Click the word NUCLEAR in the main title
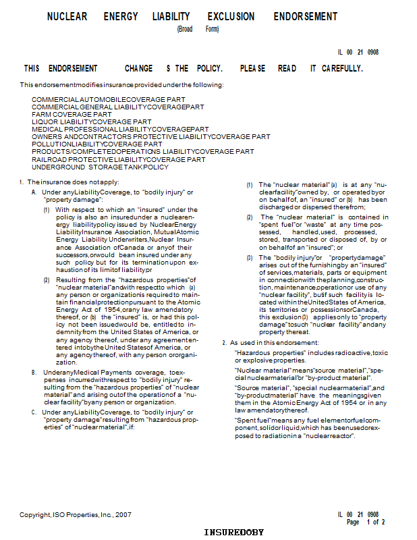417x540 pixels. [x=67, y=16]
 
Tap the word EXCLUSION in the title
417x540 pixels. [x=231, y=16]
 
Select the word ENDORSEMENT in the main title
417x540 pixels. [x=305, y=16]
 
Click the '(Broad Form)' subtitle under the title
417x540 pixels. [x=198, y=29]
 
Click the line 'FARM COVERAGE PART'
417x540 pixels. [x=72, y=114]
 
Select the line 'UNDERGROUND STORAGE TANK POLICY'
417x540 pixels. [x=100, y=167]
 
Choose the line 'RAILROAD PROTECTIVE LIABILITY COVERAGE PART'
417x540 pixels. [x=119, y=159]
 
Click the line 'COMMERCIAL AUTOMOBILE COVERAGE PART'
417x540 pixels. [x=109, y=99]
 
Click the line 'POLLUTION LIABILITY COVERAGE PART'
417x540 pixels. [x=97, y=144]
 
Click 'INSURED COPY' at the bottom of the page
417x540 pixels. [x=234, y=533]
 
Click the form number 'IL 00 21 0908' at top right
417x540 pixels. [x=358, y=52]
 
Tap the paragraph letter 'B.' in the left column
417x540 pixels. [x=34, y=373]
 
